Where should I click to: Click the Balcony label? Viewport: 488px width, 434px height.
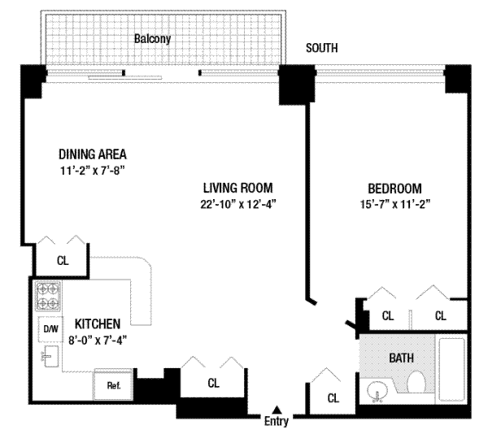tap(153, 39)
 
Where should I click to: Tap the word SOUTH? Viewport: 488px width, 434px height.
tap(322, 48)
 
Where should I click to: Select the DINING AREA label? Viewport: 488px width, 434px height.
tap(93, 154)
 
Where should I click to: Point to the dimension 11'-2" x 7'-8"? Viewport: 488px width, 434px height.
tap(93, 171)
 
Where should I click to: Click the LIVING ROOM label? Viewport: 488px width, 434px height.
tap(238, 188)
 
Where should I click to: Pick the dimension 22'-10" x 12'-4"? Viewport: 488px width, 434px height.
tap(238, 204)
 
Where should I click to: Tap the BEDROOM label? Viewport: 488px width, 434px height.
tap(395, 189)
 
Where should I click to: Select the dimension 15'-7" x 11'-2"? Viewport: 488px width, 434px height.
tap(395, 204)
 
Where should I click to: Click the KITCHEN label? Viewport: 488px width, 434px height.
tap(98, 324)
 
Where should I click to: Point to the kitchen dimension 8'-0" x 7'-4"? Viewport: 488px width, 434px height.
tap(98, 340)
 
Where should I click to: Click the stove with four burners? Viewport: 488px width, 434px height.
tap(48, 297)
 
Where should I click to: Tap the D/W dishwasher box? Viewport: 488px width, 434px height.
tap(50, 329)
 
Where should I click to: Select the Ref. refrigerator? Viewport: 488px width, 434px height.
tap(113, 385)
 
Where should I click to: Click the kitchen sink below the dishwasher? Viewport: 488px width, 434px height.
tap(50, 356)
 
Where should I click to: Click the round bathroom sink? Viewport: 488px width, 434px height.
tap(377, 391)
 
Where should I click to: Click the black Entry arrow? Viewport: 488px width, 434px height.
tap(277, 410)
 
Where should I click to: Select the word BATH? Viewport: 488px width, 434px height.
tap(402, 358)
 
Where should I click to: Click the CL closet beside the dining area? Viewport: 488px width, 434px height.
tap(63, 261)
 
